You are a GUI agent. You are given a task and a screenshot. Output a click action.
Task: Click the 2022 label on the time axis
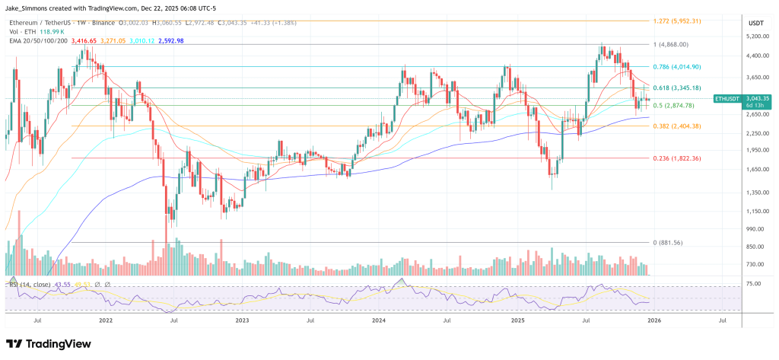tap(106, 321)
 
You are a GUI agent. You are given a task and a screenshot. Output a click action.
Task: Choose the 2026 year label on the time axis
tap(652, 321)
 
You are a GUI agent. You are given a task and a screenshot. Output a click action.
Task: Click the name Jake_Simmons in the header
tap(27, 7)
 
